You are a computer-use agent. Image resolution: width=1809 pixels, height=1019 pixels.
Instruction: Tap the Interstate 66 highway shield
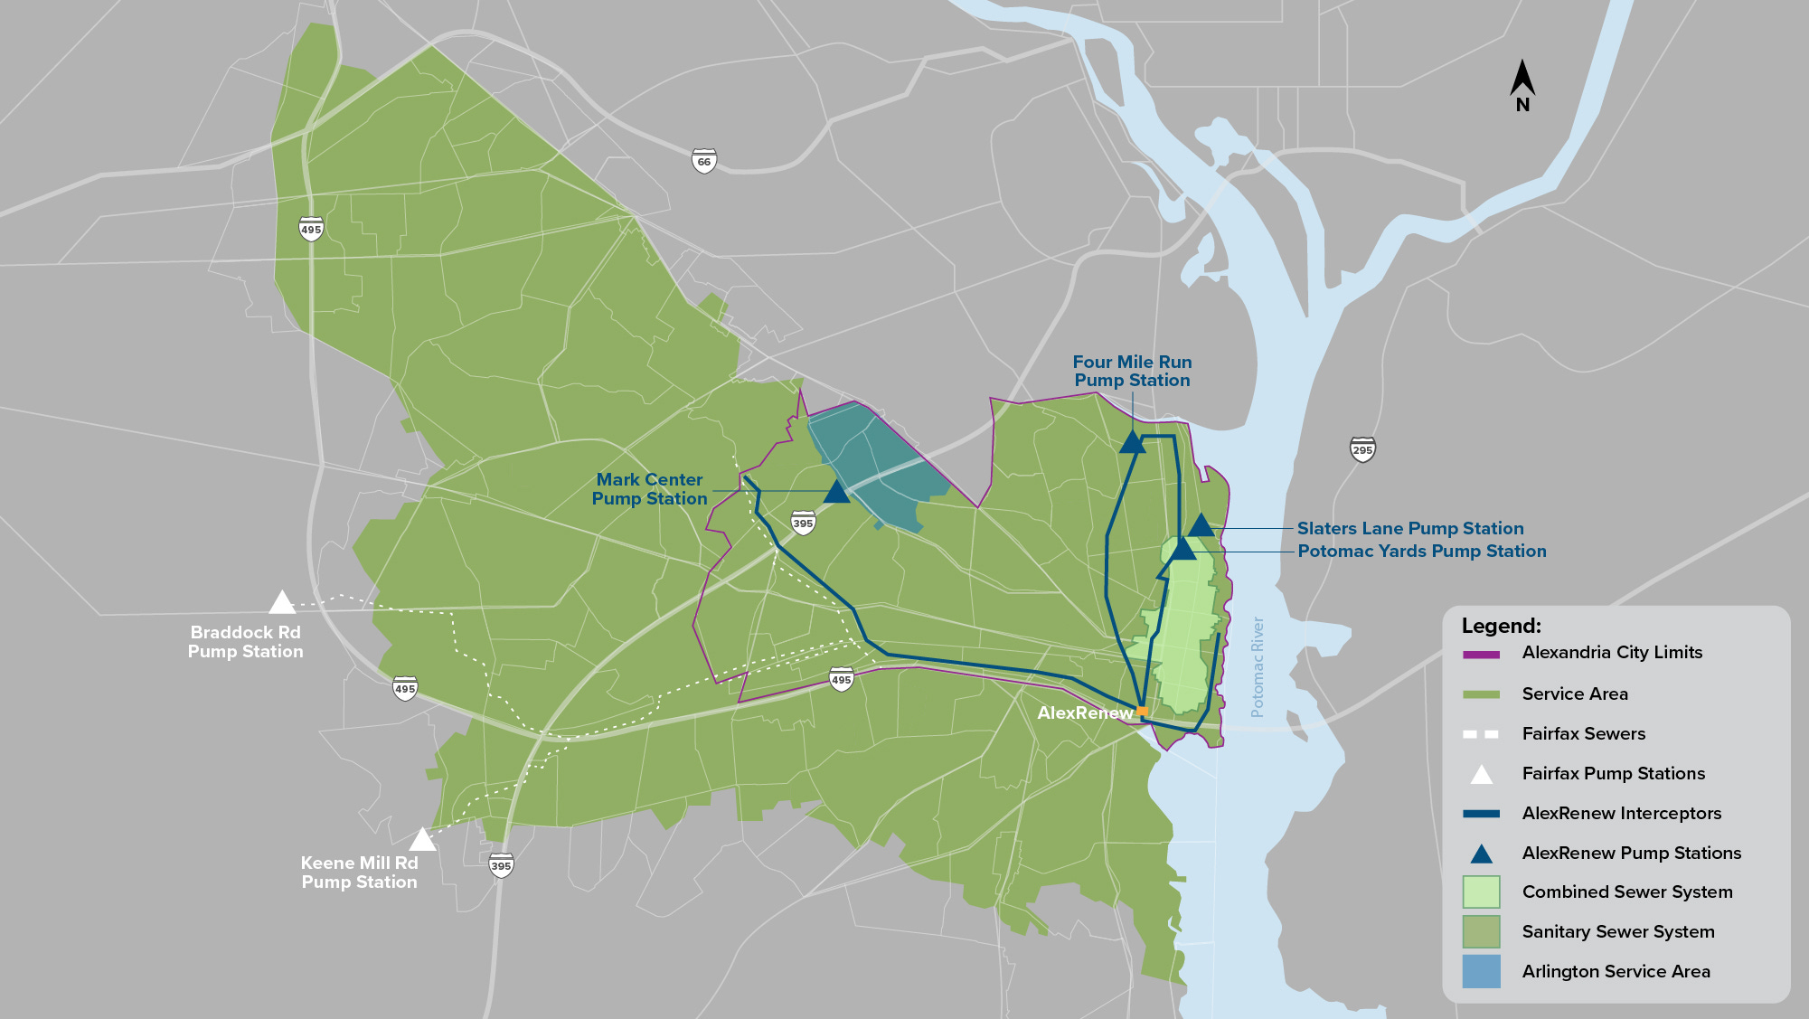(x=704, y=161)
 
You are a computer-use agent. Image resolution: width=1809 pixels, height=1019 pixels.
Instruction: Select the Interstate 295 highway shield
(x=1362, y=448)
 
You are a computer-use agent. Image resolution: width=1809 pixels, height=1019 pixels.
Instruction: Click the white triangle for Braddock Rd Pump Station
(x=282, y=603)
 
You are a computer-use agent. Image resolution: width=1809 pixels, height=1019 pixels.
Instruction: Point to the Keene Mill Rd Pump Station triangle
(x=422, y=841)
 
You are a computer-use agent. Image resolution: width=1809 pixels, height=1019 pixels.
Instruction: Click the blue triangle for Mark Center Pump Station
(x=836, y=493)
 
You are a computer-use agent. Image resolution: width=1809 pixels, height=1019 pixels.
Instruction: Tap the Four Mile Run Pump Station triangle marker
(x=1132, y=443)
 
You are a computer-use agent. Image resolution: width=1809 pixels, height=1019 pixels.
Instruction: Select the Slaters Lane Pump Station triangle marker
(x=1201, y=526)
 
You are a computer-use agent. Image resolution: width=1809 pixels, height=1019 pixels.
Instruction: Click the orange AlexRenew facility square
(x=1142, y=712)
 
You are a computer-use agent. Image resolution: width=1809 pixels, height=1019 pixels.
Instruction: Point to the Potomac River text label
(x=1257, y=667)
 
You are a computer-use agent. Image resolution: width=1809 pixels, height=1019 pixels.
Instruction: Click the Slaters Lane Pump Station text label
(x=1409, y=528)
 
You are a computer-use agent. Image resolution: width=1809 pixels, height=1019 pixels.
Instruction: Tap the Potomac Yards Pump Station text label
(x=1421, y=551)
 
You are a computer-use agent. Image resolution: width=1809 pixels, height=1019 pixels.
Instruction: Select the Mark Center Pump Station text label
(x=649, y=489)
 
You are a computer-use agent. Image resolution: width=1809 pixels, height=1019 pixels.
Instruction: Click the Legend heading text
(x=1501, y=626)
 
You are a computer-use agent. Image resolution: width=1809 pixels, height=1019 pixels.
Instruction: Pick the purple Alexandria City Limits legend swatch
(x=1481, y=654)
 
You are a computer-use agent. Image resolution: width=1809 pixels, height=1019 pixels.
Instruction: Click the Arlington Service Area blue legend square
(x=1481, y=971)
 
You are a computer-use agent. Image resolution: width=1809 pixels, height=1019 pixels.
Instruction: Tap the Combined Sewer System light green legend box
(x=1481, y=892)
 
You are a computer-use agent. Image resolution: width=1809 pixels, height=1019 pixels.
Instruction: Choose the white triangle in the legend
(x=1481, y=774)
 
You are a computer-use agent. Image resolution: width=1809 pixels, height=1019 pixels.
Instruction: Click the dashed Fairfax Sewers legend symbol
(x=1481, y=734)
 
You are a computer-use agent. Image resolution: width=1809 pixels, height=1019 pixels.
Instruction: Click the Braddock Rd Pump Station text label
(x=245, y=642)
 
